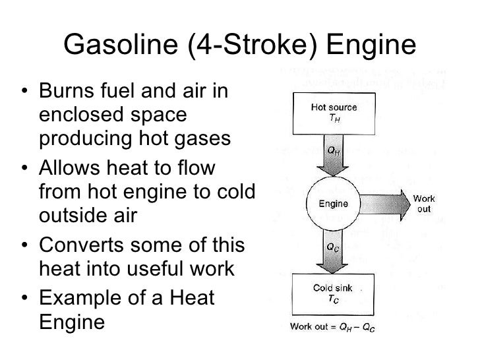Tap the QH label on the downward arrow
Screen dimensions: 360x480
(x=335, y=150)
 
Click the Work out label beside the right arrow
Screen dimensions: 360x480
(x=423, y=204)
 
